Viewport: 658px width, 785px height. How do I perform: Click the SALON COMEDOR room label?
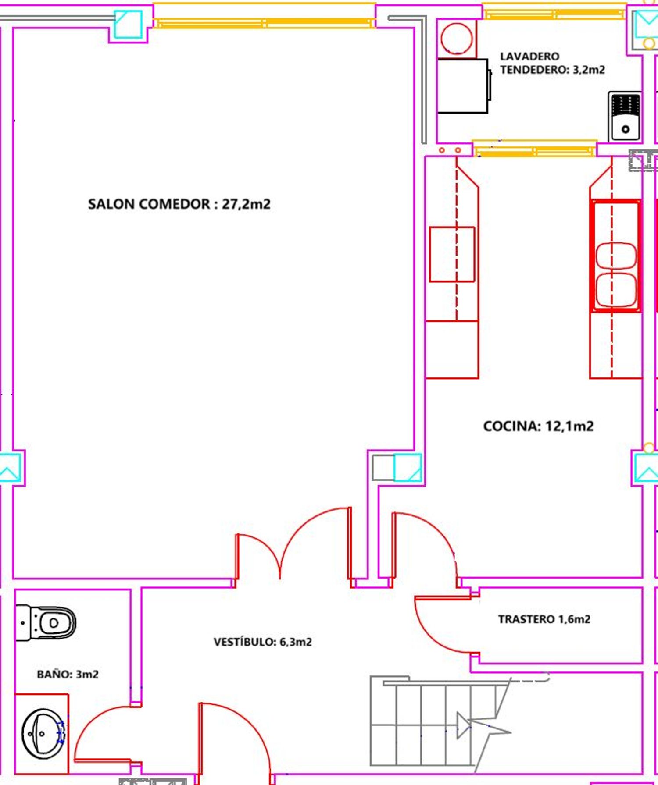179,204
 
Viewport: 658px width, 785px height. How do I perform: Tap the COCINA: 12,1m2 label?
538,426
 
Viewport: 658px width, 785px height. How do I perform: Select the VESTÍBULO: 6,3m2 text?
262,642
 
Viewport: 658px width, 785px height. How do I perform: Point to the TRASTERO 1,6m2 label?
544,619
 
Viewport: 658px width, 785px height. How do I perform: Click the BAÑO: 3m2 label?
68,674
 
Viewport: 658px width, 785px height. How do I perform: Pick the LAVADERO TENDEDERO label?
552,63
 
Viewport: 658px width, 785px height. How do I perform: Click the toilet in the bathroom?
45,623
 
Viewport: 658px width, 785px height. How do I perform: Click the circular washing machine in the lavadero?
457,39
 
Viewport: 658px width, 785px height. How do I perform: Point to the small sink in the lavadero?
625,116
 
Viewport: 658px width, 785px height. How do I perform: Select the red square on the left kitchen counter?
452,254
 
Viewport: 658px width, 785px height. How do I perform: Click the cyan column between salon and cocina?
408,468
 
